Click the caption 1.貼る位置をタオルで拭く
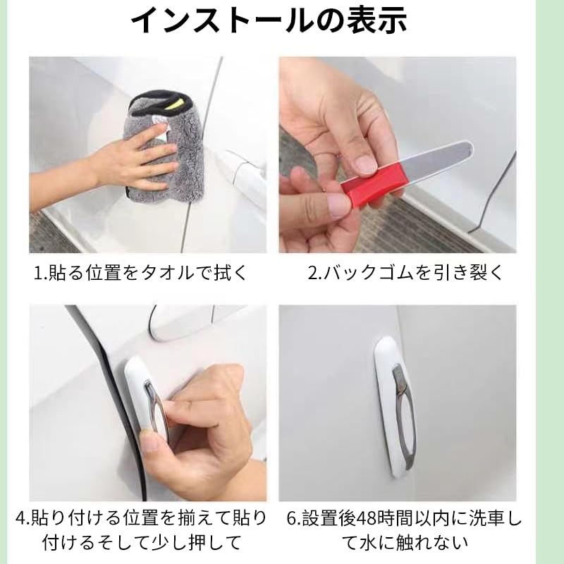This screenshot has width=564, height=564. point(140,273)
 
